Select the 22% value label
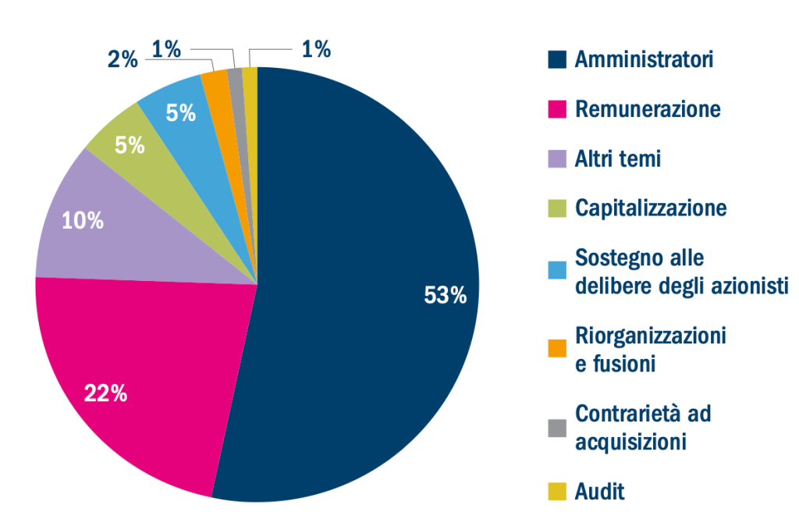point(106,393)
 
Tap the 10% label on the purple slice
point(83,221)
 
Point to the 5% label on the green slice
point(130,145)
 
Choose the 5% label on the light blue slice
point(180,114)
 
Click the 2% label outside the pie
point(123,59)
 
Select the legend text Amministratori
point(644,59)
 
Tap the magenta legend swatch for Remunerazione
point(556,109)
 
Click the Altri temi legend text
point(617,159)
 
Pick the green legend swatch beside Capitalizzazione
point(556,209)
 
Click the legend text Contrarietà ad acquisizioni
point(642,428)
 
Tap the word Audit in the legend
point(600,492)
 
